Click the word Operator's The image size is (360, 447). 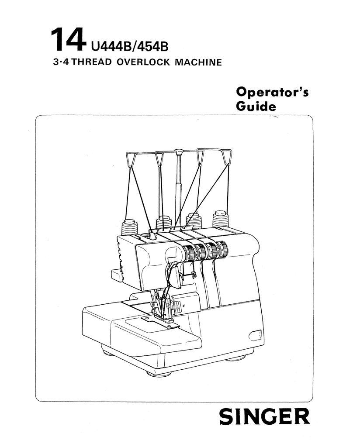tap(272, 92)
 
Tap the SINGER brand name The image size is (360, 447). tap(264, 416)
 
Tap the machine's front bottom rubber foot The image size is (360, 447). tap(158, 373)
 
